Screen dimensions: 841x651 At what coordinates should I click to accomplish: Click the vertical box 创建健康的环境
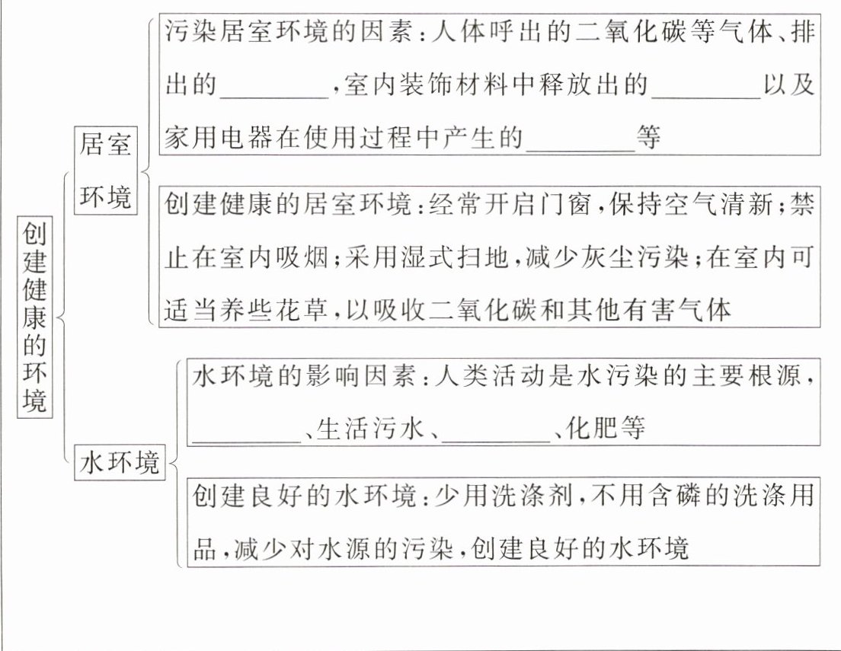tap(34, 315)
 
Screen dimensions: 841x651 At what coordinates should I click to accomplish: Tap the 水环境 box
tap(120, 463)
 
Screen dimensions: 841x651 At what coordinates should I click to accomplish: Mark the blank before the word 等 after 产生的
tap(580, 139)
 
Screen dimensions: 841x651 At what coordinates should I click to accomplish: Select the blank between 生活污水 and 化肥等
tap(496, 429)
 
